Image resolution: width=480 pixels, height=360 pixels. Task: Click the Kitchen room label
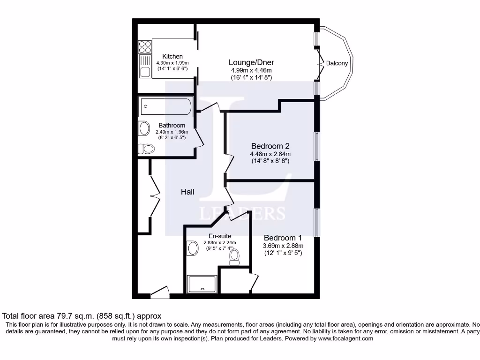pyautogui.click(x=172, y=56)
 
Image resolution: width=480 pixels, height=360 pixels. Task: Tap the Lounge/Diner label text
pyautogui.click(x=251, y=62)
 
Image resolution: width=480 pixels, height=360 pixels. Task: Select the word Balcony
pyautogui.click(x=337, y=63)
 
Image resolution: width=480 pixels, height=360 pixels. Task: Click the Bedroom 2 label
pyautogui.click(x=270, y=145)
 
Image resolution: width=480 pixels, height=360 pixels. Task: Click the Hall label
pyautogui.click(x=187, y=192)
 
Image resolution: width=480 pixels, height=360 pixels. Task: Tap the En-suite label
pyautogui.click(x=219, y=236)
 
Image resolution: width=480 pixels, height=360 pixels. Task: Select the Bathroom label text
pyautogui.click(x=172, y=125)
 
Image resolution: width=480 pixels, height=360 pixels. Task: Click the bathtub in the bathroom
pyautogui.click(x=165, y=106)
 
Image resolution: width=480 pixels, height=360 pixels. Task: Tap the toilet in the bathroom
pyautogui.click(x=147, y=149)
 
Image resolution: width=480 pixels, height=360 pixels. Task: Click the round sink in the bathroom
pyautogui.click(x=144, y=128)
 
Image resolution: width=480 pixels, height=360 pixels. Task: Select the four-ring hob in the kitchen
pyautogui.click(x=145, y=47)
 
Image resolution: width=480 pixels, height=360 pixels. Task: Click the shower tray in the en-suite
pyautogui.click(x=202, y=284)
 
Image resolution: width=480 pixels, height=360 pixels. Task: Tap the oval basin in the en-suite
pyautogui.click(x=192, y=248)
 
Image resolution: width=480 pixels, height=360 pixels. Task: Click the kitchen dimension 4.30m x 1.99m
pyautogui.click(x=172, y=63)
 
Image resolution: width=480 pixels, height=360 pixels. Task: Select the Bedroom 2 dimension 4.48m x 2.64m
pyautogui.click(x=270, y=154)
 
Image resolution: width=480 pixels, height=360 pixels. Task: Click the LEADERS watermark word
pyautogui.click(x=242, y=213)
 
